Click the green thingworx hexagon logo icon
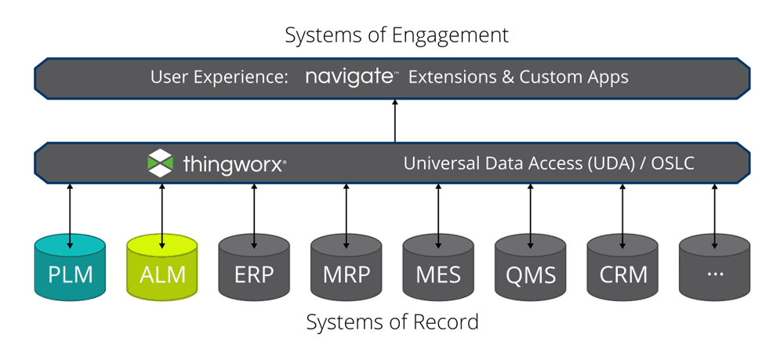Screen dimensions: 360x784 [160, 163]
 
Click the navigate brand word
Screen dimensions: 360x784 [350, 77]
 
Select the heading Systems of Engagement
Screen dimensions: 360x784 [396, 35]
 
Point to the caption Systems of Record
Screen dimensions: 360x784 [392, 322]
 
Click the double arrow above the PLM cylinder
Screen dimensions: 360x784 [70, 209]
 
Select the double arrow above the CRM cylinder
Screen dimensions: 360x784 [622, 209]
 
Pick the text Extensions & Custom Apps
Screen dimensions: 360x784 [518, 78]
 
